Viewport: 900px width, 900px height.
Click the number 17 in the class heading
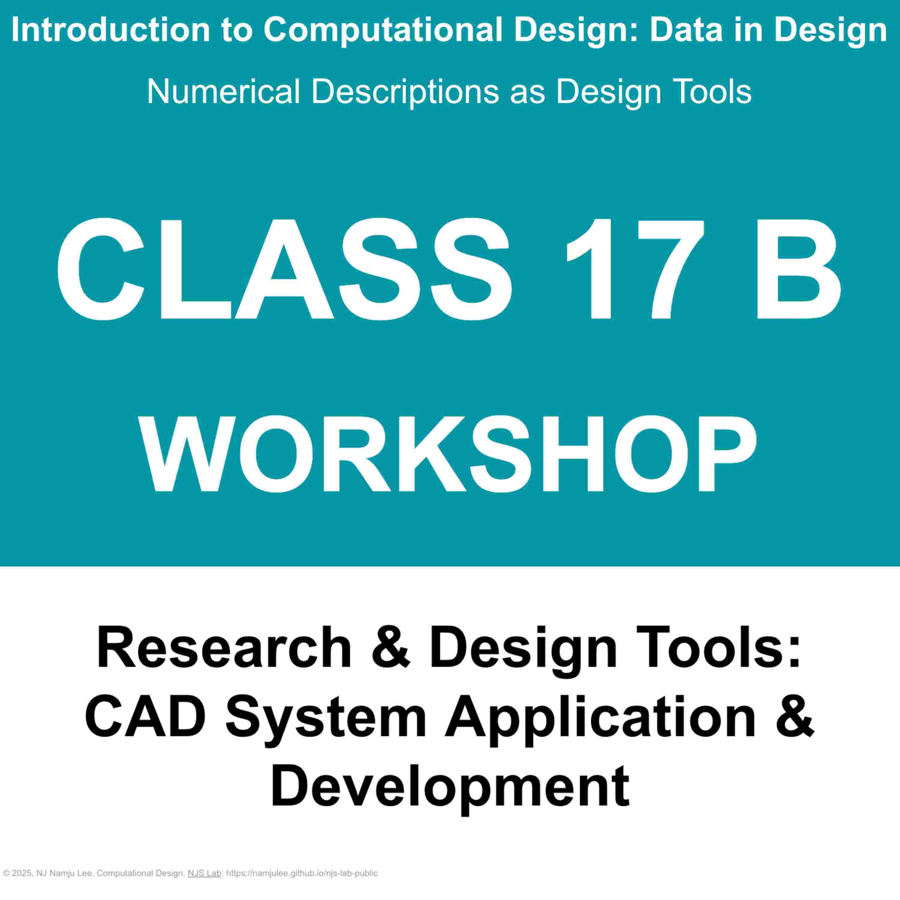click(634, 270)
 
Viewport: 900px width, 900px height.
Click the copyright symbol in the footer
click(6, 873)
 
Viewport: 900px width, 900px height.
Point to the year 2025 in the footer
click(21, 873)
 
